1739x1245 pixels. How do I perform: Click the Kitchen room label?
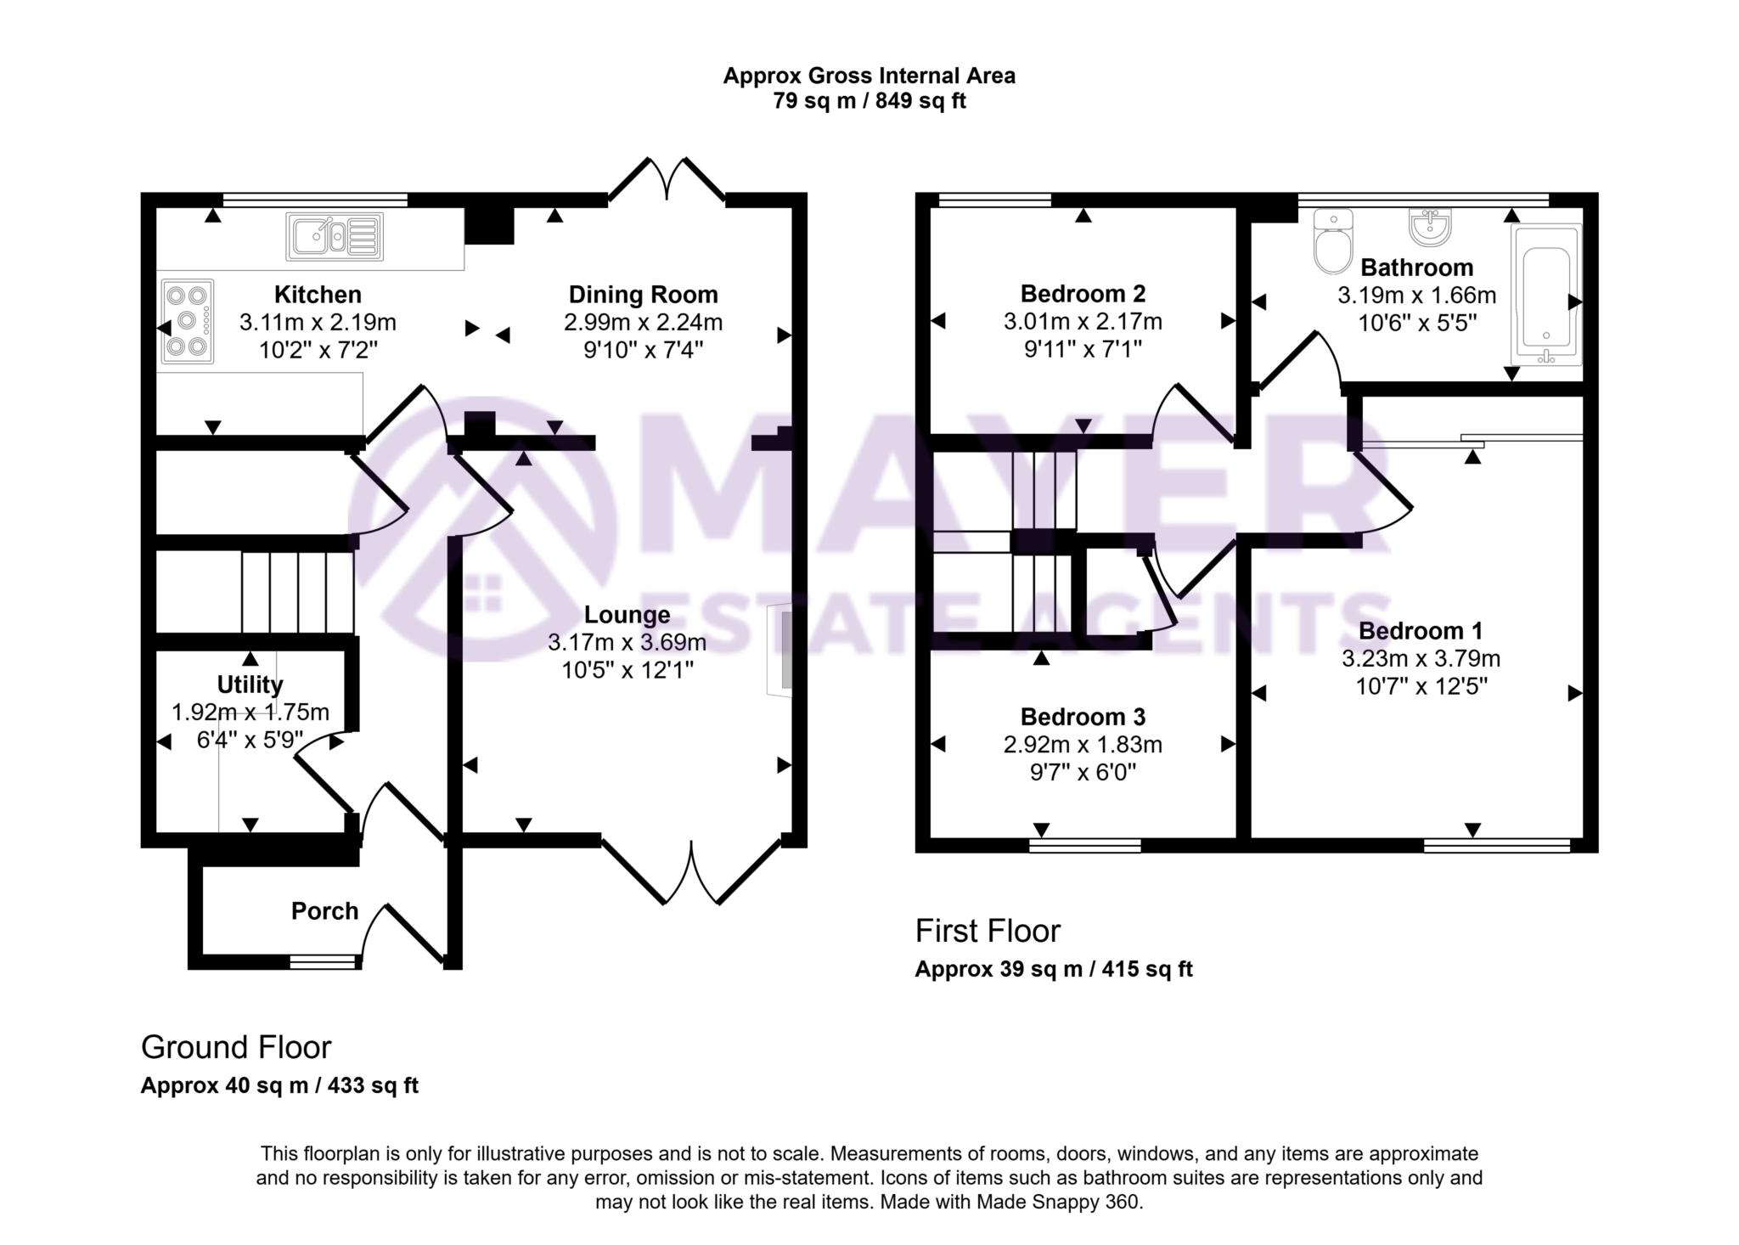coord(318,295)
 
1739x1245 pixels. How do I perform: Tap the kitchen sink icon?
coord(335,235)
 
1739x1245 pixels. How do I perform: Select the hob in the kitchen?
coord(186,322)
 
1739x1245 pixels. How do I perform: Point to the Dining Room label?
coord(643,295)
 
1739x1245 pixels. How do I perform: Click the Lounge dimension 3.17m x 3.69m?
coord(627,642)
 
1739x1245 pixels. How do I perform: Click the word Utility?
coord(250,684)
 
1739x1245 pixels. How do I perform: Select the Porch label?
coord(324,911)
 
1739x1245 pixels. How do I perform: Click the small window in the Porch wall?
coord(323,961)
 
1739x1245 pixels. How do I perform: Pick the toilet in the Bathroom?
coord(1331,242)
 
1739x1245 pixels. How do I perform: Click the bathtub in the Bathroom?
coord(1546,295)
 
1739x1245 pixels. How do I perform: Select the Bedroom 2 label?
coord(1083,294)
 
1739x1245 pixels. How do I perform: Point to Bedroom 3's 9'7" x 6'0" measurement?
coord(1083,772)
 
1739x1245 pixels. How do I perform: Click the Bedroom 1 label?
coord(1421,631)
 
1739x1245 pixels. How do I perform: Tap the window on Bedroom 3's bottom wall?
coord(1085,845)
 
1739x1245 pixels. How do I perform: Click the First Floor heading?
coord(988,932)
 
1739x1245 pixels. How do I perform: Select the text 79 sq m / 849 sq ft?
coord(869,101)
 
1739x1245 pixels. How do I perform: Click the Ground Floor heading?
coord(236,1048)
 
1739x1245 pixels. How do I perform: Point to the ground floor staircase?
coord(297,592)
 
